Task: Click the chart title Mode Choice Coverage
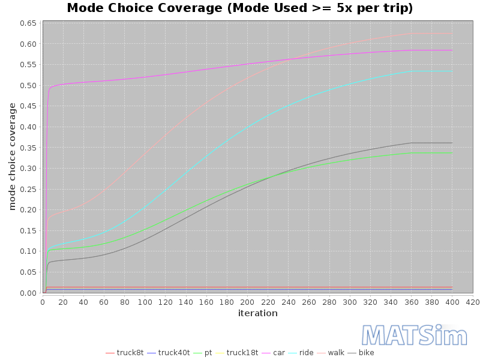[239, 8]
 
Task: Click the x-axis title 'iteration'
[257, 313]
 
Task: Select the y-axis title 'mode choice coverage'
[12, 157]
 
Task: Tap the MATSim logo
[414, 335]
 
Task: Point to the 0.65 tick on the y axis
[28, 23]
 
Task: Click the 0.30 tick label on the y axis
[28, 169]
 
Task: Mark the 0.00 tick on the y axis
[28, 293]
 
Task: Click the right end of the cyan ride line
[452, 71]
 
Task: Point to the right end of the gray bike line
[452, 143]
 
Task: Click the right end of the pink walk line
[452, 34]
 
